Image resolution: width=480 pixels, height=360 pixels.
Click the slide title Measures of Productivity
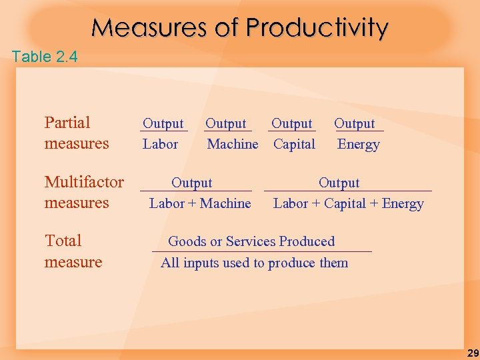(239, 28)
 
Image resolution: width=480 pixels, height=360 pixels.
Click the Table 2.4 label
(45, 57)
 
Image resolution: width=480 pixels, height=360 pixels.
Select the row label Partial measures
(76, 133)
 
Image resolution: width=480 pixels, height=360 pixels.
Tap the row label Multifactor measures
(84, 192)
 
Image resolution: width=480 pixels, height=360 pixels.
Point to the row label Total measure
(73, 251)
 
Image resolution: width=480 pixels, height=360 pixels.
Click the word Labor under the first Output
(160, 144)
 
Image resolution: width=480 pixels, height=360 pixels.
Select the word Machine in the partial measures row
(233, 144)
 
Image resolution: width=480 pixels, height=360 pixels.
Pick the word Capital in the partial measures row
(294, 144)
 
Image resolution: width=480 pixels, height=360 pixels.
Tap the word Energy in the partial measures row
(358, 144)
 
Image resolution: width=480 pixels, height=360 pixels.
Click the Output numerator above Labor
(163, 123)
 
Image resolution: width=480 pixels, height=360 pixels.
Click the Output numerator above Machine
(225, 123)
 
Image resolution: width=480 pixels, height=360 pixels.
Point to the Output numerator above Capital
(291, 123)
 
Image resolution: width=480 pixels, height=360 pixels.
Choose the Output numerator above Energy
(354, 123)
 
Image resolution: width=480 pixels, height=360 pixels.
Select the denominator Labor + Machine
(200, 203)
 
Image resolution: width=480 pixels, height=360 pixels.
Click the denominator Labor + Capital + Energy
(348, 203)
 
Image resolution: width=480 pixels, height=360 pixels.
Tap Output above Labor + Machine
(192, 183)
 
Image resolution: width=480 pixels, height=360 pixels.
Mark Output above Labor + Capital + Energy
(339, 183)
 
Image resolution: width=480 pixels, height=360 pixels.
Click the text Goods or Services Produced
(251, 241)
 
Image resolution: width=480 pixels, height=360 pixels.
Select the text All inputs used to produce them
(254, 263)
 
